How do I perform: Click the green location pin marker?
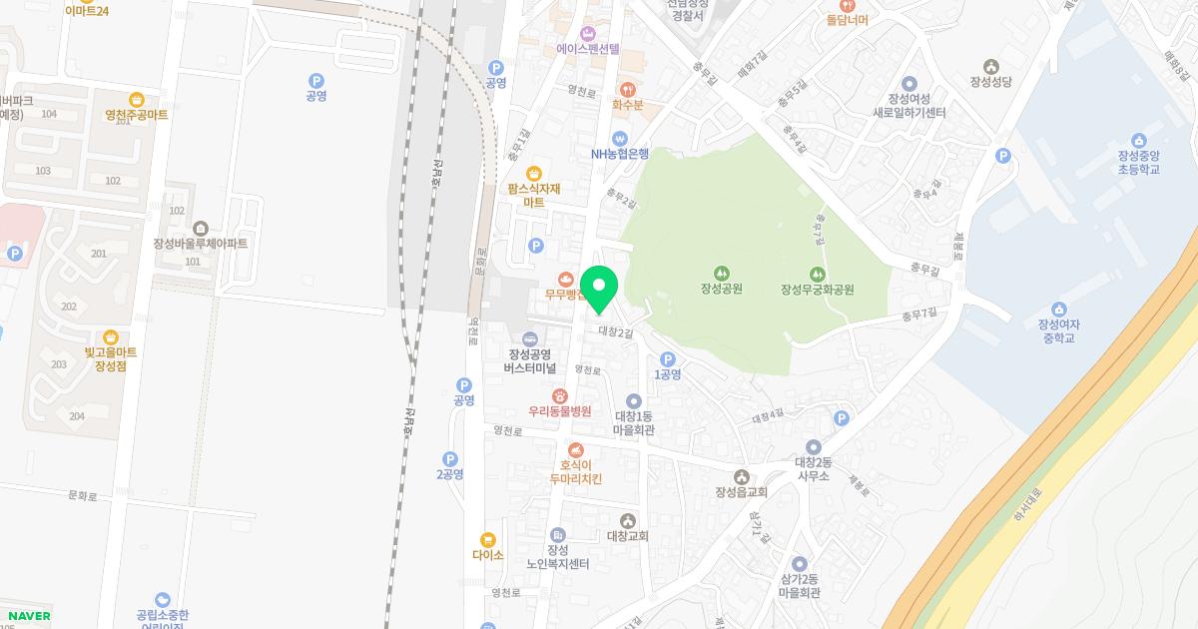599,288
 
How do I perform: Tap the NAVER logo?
29,616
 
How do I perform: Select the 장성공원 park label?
721,290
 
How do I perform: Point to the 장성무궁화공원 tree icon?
818,273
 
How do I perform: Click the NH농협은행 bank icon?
619,138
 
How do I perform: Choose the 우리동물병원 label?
560,411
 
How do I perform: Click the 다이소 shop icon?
488,539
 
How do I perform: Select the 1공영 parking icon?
668,359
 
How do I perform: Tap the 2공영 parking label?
450,474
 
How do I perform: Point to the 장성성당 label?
990,82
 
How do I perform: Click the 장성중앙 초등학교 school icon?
1138,140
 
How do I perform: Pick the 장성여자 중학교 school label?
1059,330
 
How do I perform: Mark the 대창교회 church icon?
628,520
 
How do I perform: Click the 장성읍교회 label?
741,492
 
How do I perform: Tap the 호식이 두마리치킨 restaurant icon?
576,450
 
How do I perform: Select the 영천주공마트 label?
137,115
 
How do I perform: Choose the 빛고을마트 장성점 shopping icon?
110,337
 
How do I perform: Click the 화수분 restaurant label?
628,104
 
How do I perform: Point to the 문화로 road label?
83,495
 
